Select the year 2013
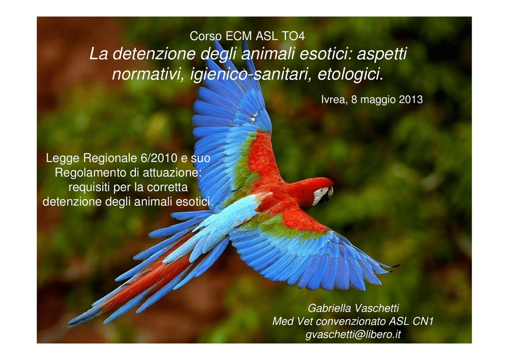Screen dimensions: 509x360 (x=411, y=99)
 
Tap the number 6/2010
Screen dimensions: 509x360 (x=159, y=158)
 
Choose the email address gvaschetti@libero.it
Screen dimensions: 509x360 (x=353, y=334)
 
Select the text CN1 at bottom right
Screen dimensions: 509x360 (x=423, y=321)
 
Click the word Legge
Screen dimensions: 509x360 (x=63, y=159)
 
